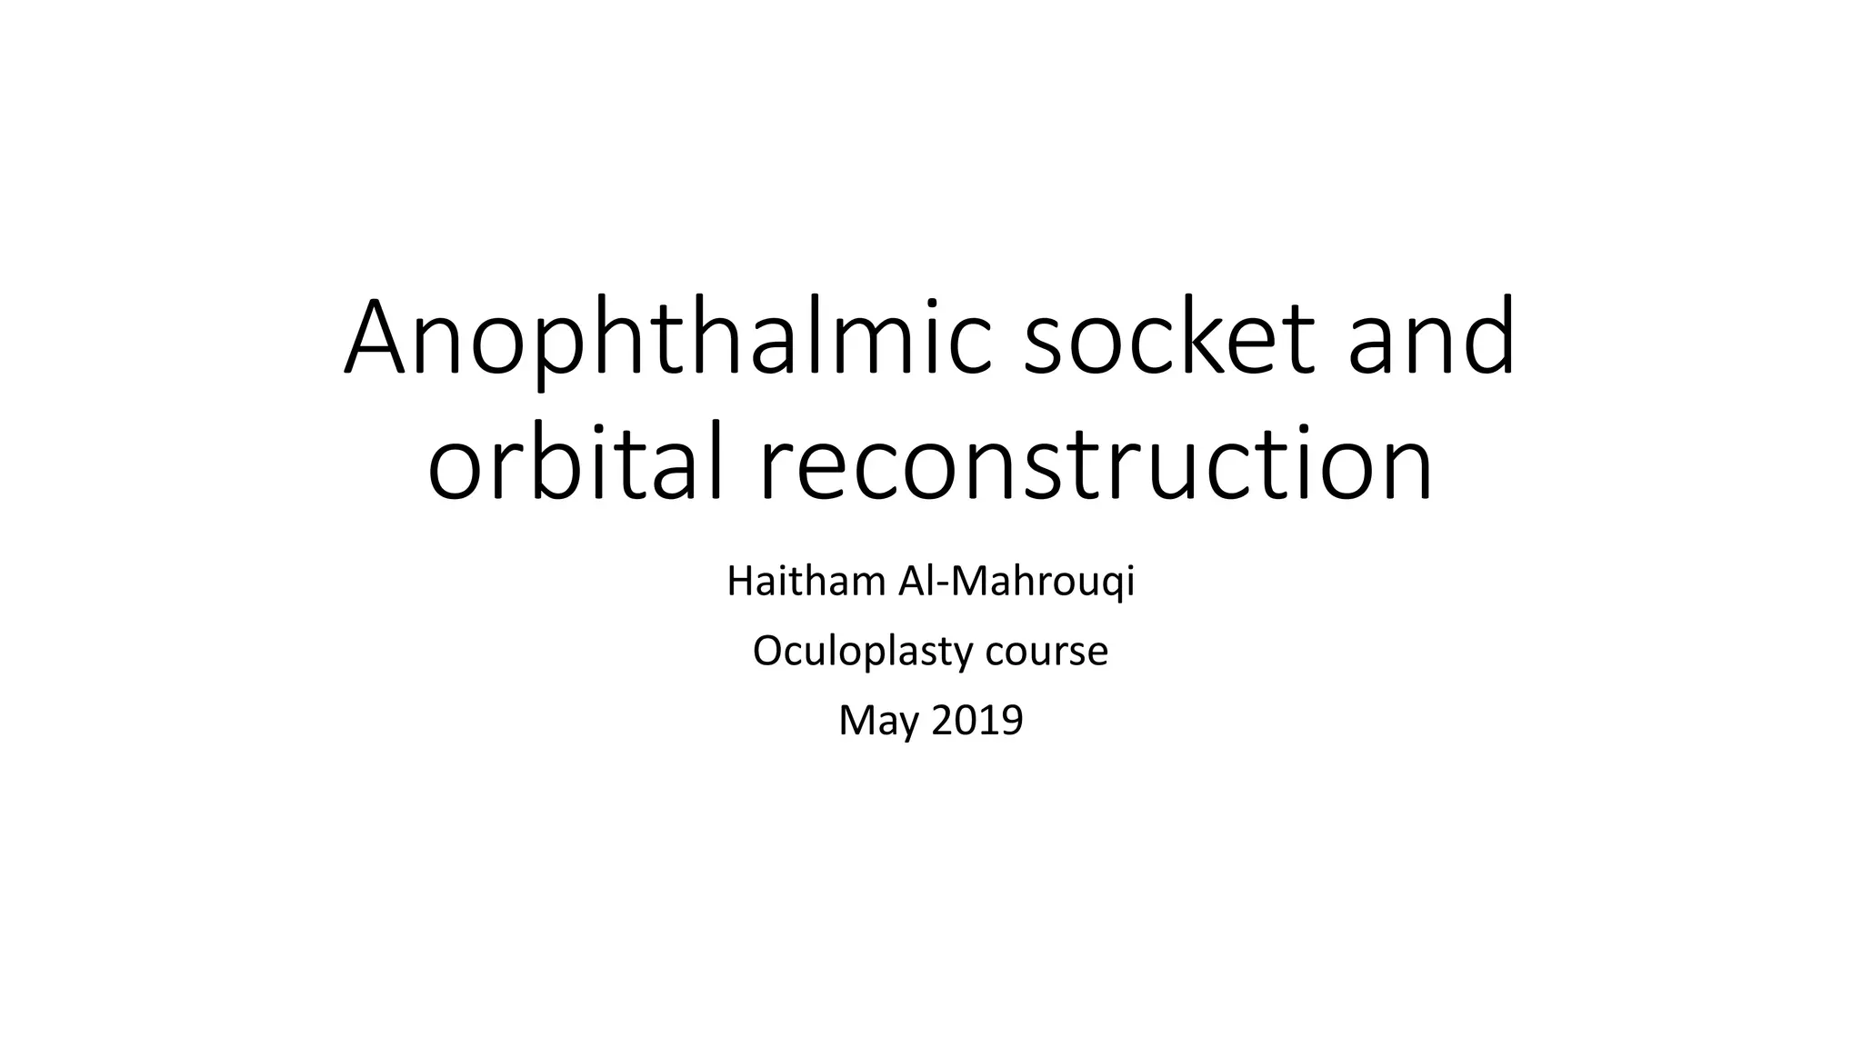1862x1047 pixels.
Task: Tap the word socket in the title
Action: tap(1169, 338)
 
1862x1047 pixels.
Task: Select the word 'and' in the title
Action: tap(1432, 338)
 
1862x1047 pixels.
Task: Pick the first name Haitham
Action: tap(806, 582)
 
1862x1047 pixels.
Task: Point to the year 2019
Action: tap(977, 720)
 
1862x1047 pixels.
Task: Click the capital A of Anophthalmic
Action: tap(374, 338)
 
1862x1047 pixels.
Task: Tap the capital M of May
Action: tap(856, 720)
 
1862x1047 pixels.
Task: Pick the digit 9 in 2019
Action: tap(1012, 720)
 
